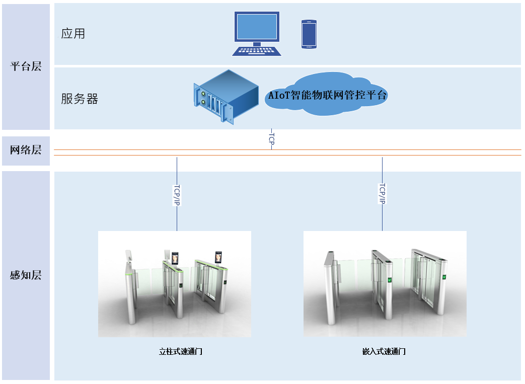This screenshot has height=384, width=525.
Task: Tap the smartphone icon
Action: (x=309, y=34)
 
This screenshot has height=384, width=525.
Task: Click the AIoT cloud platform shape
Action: (x=327, y=95)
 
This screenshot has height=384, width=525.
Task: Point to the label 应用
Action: (x=73, y=34)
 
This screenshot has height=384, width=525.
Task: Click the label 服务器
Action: (x=80, y=99)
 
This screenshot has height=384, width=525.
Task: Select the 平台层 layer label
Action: (x=26, y=66)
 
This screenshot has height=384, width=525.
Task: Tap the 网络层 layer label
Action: (x=26, y=149)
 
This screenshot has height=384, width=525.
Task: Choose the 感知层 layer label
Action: (x=26, y=275)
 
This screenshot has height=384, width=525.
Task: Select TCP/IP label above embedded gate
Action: (x=382, y=193)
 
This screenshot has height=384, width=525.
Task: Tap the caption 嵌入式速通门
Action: (x=384, y=352)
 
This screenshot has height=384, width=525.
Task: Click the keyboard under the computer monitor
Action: (x=257, y=51)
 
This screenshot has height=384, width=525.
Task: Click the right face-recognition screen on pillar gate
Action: (x=218, y=258)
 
